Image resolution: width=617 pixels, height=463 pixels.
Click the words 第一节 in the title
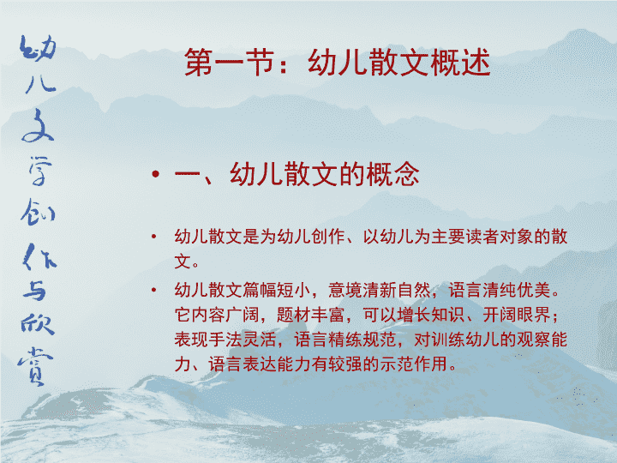(x=230, y=63)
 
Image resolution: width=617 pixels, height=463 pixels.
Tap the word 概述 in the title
(x=460, y=63)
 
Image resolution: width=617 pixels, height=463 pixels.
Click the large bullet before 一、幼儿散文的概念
(x=156, y=173)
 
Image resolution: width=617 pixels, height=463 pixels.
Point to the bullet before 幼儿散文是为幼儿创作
(x=154, y=237)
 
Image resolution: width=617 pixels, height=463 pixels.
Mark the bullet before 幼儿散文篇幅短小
(x=154, y=290)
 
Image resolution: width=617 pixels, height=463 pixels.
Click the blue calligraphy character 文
(x=38, y=125)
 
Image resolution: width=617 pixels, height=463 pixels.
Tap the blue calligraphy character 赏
(x=35, y=366)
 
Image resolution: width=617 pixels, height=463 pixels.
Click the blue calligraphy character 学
(x=39, y=171)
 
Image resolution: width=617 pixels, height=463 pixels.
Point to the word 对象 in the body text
(x=516, y=237)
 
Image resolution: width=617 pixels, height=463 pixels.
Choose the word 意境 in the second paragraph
(x=345, y=290)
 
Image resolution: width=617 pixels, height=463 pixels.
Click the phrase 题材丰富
(x=311, y=315)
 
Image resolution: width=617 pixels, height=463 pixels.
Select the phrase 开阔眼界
(x=516, y=315)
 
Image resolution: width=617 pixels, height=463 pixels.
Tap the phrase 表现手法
(x=208, y=340)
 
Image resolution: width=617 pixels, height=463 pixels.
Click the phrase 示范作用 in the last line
(x=414, y=364)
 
